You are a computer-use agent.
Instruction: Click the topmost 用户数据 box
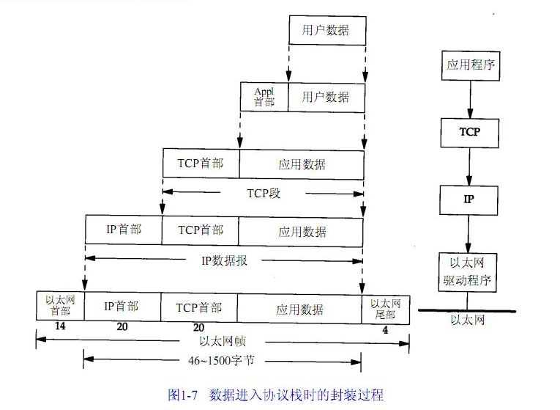(x=326, y=31)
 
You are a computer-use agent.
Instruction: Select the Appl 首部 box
(x=264, y=97)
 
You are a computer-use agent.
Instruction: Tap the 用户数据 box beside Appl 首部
(x=326, y=97)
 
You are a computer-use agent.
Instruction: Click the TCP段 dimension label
(x=264, y=194)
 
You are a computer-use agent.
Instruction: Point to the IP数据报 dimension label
(x=224, y=260)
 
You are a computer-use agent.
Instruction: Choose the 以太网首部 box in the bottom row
(x=60, y=305)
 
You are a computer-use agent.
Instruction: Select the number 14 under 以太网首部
(x=60, y=327)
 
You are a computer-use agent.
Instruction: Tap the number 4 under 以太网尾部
(x=386, y=329)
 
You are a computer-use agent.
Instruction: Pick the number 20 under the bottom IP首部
(x=122, y=328)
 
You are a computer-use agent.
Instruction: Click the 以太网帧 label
(x=222, y=341)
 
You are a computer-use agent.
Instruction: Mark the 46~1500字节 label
(x=223, y=360)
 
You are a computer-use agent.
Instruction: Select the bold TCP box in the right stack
(x=469, y=132)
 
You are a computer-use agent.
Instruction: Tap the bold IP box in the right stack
(x=469, y=198)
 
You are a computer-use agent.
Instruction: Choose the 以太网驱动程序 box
(x=469, y=271)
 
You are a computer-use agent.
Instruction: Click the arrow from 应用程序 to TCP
(x=469, y=98)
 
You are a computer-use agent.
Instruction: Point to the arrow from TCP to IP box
(x=469, y=165)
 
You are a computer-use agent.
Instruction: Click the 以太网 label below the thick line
(x=468, y=321)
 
